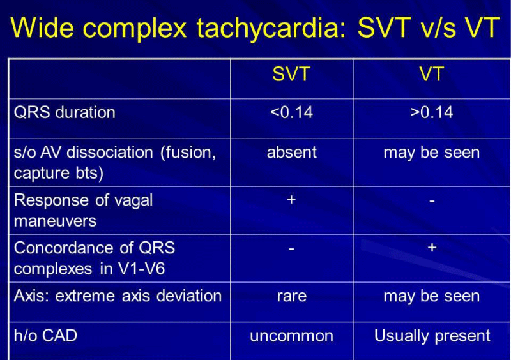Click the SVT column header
click(291, 74)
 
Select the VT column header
click(432, 74)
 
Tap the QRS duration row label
click(65, 112)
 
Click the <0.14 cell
click(291, 112)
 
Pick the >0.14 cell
click(432, 112)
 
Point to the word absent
click(292, 152)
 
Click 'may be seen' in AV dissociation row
click(432, 153)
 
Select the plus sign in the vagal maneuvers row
click(291, 199)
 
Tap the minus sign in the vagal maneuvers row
click(432, 201)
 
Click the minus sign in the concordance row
click(291, 249)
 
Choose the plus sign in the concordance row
click(432, 248)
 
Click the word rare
click(292, 296)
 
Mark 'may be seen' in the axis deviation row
click(432, 296)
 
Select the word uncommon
click(292, 336)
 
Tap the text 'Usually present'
click(432, 336)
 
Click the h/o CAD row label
click(45, 336)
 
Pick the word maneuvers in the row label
click(55, 221)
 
